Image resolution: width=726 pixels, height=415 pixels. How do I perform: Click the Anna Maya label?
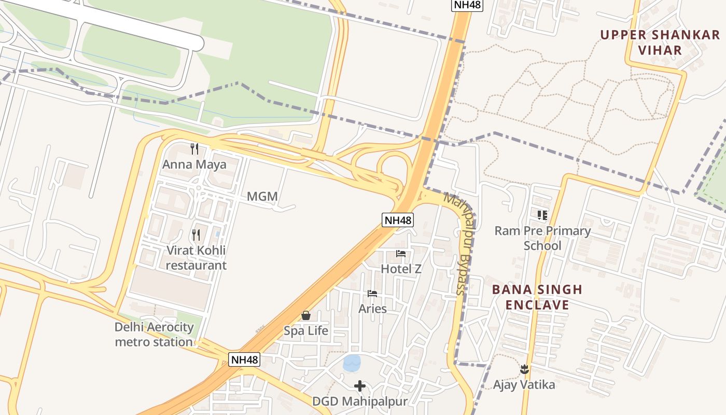(x=194, y=164)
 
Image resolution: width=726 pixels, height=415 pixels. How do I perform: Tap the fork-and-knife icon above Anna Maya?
(x=194, y=149)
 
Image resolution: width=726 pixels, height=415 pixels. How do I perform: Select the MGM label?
(x=262, y=197)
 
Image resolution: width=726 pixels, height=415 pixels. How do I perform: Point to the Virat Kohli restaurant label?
(x=196, y=258)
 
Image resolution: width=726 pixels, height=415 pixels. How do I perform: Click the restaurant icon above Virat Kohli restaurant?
(x=196, y=235)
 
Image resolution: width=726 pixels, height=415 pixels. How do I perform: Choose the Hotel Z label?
(x=401, y=269)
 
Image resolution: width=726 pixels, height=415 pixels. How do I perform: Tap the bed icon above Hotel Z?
(x=401, y=254)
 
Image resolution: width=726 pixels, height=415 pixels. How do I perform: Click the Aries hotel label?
(x=372, y=309)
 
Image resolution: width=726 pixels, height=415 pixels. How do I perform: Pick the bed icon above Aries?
(x=372, y=294)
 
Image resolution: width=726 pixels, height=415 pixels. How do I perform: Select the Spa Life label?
(x=306, y=330)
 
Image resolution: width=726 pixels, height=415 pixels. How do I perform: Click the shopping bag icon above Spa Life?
(x=306, y=315)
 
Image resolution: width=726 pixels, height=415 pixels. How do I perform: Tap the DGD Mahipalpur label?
(x=360, y=401)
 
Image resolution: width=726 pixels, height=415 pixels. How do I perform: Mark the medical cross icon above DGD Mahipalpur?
(x=360, y=386)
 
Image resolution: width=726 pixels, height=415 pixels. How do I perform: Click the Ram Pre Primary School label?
(x=542, y=238)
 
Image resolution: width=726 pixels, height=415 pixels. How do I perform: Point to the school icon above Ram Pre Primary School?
(x=542, y=215)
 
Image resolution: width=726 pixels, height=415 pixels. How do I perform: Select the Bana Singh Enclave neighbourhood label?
(x=537, y=297)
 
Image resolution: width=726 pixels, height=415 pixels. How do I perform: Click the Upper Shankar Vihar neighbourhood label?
(x=660, y=43)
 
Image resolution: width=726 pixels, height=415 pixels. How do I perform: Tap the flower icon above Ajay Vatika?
(x=524, y=369)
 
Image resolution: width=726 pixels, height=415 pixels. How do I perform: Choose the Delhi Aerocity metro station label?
(x=154, y=335)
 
